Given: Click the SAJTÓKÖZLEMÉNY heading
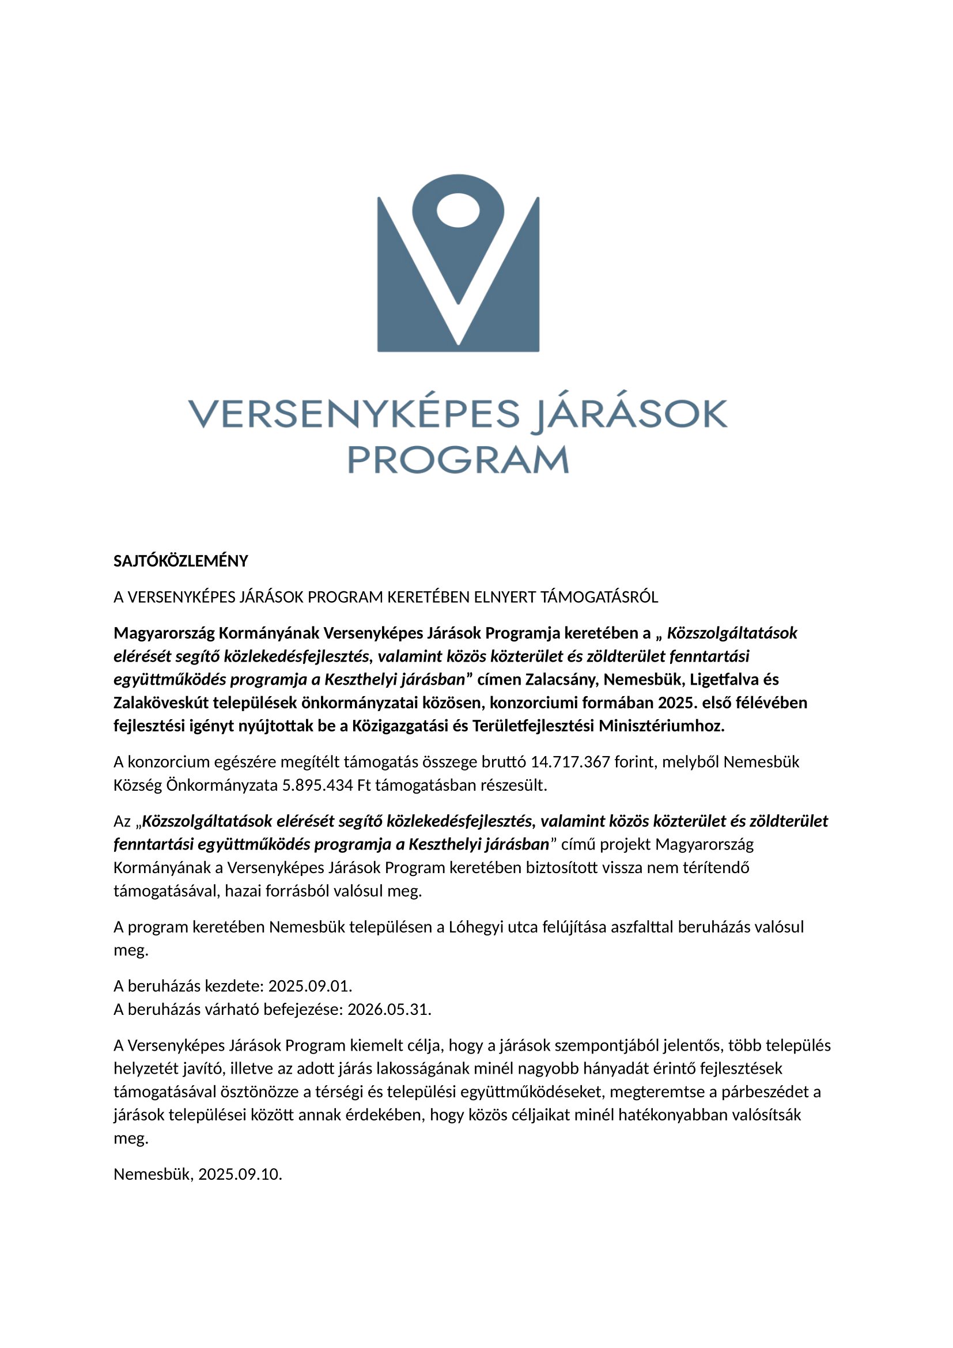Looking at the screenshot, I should pyautogui.click(x=181, y=561).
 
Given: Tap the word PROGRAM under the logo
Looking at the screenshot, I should pyautogui.click(x=458, y=460).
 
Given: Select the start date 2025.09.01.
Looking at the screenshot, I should pyautogui.click(x=310, y=985).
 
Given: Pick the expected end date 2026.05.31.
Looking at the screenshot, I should pyautogui.click(x=389, y=1009).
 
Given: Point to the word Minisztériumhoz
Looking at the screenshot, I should pyautogui.click(x=661, y=726).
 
